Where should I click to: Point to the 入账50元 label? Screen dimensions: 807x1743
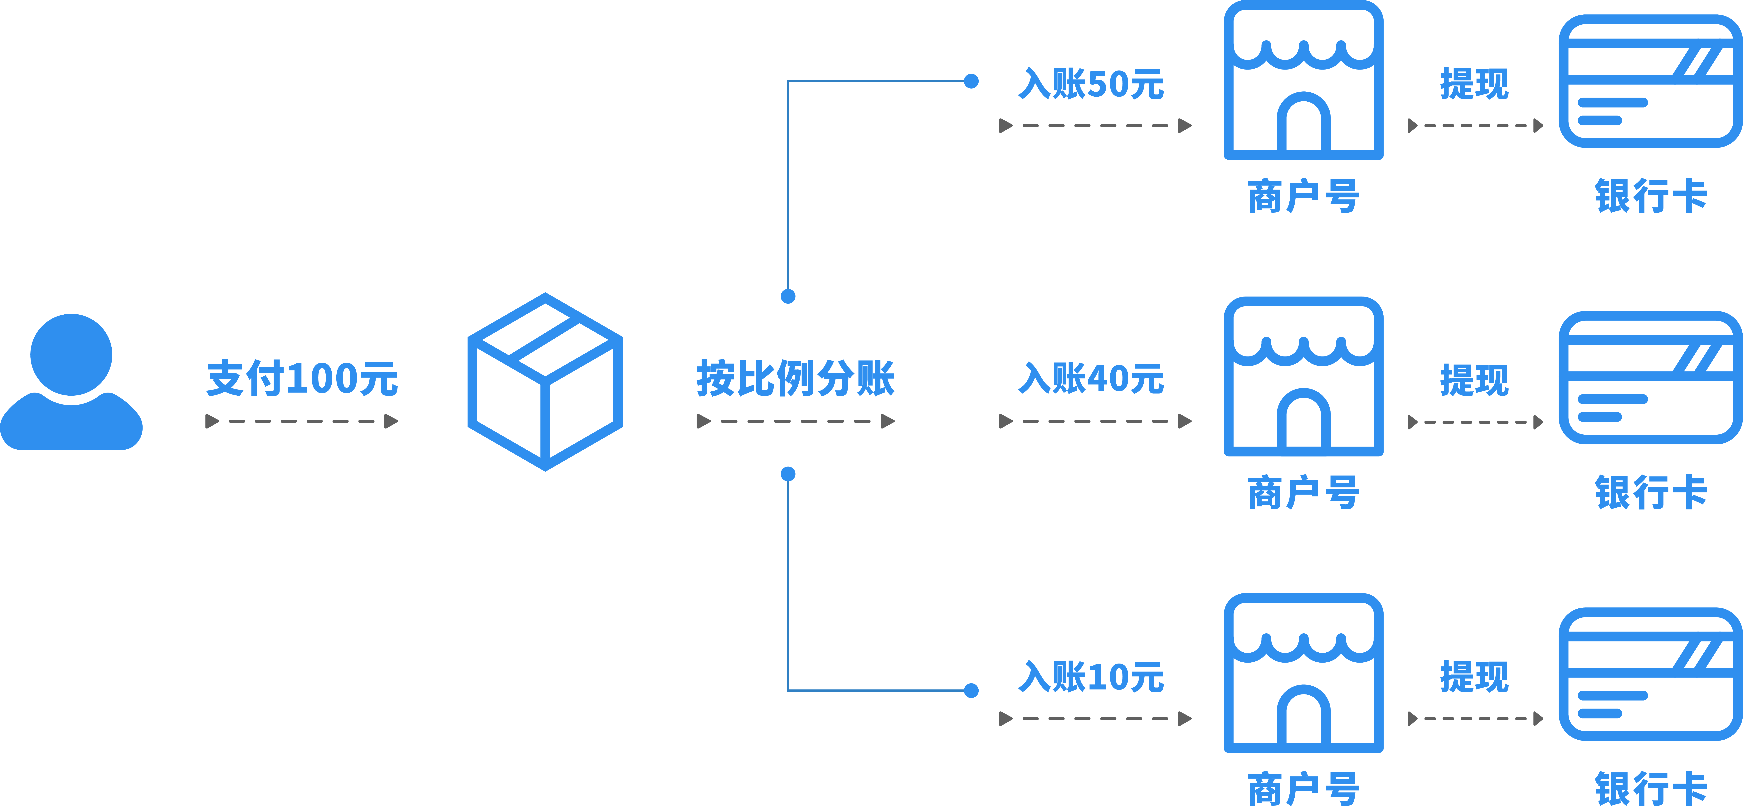(1091, 84)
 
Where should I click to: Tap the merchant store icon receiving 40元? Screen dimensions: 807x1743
(1303, 376)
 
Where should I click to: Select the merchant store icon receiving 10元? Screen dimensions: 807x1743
(1303, 673)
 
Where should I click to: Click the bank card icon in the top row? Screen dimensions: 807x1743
(1650, 81)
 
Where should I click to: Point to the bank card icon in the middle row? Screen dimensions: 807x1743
(1650, 377)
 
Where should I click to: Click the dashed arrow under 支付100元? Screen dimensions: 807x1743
(302, 421)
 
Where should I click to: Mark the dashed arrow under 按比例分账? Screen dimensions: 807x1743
(796, 421)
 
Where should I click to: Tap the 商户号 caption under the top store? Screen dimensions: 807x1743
(1303, 196)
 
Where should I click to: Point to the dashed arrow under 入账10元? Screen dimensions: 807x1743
(1095, 718)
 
